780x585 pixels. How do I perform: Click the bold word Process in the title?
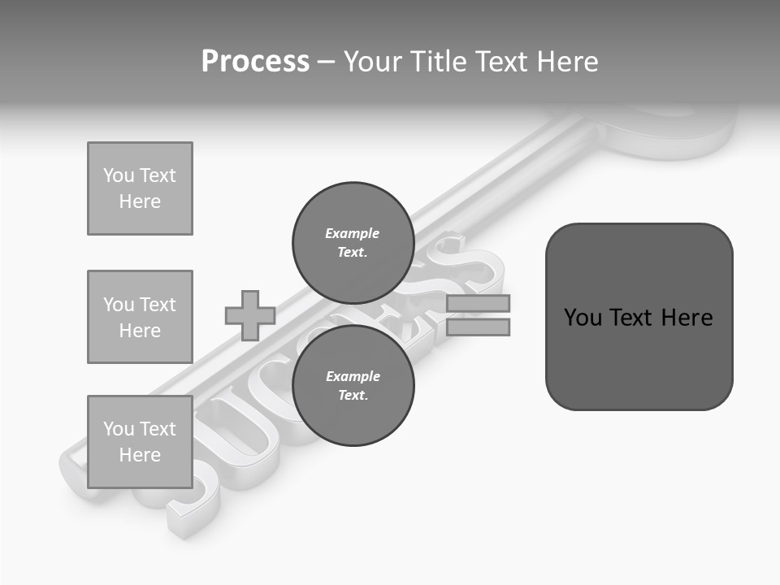(255, 62)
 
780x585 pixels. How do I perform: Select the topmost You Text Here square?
(140, 188)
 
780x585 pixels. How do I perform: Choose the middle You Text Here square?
(140, 317)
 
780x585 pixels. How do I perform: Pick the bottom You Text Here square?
(140, 442)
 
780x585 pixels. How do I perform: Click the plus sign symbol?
(250, 315)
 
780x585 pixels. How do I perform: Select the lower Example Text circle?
(353, 385)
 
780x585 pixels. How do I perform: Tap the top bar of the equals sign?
(478, 304)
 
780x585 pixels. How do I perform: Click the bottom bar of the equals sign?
(478, 327)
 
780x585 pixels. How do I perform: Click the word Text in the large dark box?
(634, 318)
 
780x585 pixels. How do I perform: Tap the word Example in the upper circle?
(353, 233)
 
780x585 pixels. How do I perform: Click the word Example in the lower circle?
(353, 376)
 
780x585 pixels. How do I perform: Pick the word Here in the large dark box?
(687, 318)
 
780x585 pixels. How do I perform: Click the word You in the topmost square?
(119, 175)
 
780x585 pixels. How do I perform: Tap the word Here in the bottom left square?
(140, 455)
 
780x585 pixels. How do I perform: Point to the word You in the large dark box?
(583, 318)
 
